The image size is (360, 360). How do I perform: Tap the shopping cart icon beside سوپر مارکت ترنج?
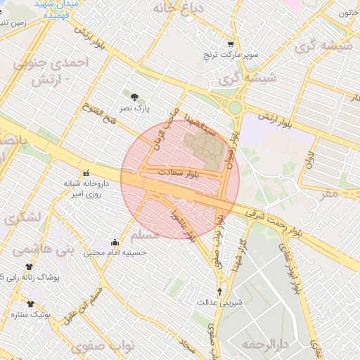pos(231,44)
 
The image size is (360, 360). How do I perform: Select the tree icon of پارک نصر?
pos(134,97)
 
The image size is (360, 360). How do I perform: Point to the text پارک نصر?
pos(134,109)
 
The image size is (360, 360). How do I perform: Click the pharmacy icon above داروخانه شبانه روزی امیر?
pos(86,173)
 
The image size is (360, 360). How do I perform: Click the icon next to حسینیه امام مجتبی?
pos(115,242)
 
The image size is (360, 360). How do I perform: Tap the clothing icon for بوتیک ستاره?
pos(30,304)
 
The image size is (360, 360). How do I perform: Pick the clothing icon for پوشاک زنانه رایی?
pos(29,267)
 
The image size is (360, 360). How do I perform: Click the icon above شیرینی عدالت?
pos(219,291)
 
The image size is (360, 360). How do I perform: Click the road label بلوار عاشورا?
pos(181,221)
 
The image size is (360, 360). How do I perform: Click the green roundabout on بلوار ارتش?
pos(235,107)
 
